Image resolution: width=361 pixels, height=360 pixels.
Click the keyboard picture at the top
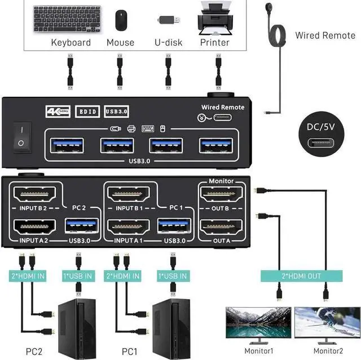pos(70,20)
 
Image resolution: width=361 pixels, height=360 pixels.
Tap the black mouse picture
pos(121,20)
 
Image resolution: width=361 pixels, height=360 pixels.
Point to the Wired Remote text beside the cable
pos(325,35)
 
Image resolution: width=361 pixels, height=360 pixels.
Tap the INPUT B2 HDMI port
pos(34,197)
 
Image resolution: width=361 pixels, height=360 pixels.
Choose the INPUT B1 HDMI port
pos(128,197)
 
